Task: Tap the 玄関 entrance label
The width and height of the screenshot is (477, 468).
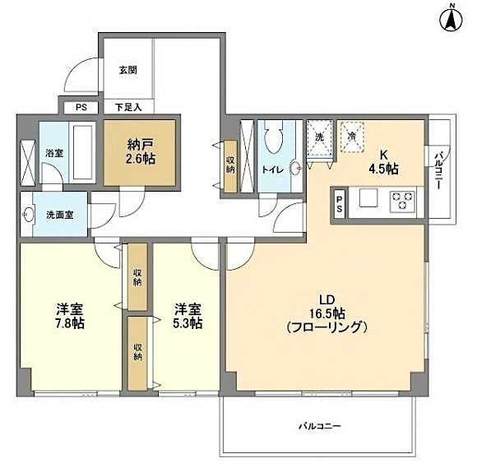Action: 127,70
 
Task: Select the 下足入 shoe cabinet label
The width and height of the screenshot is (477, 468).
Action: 127,106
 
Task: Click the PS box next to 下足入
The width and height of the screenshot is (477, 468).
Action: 81,106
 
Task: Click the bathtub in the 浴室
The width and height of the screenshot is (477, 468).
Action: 83,151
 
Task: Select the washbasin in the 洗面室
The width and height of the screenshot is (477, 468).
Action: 31,215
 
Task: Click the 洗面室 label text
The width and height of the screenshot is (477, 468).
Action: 59,215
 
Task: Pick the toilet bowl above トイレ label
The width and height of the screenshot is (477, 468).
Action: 276,138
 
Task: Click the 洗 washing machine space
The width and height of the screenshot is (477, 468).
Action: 319,137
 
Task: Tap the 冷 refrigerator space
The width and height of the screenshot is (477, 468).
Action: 351,137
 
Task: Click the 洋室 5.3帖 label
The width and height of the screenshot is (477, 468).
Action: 188,316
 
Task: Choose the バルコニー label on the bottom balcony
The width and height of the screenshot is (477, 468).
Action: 319,426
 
